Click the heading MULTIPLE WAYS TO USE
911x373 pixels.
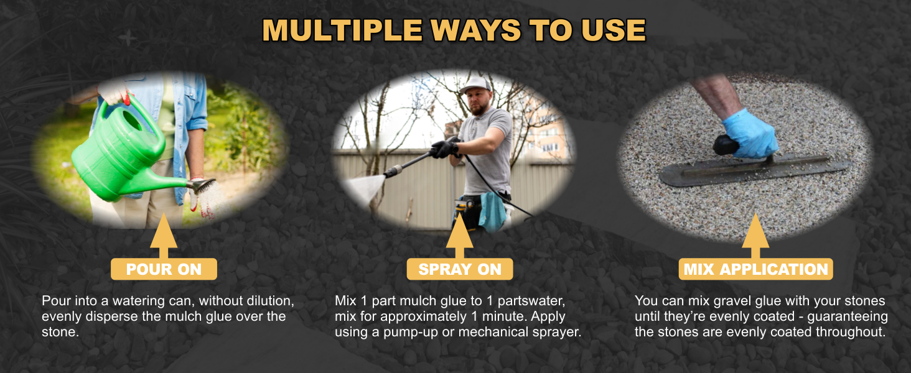click(x=454, y=30)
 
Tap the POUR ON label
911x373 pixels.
click(x=164, y=269)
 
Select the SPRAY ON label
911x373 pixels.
click(x=460, y=269)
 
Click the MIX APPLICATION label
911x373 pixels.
click(x=755, y=269)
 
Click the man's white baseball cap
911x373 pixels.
click(x=475, y=85)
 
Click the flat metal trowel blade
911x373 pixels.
click(x=753, y=169)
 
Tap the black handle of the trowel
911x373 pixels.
click(x=726, y=145)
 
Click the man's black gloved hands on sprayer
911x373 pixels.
click(x=443, y=148)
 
